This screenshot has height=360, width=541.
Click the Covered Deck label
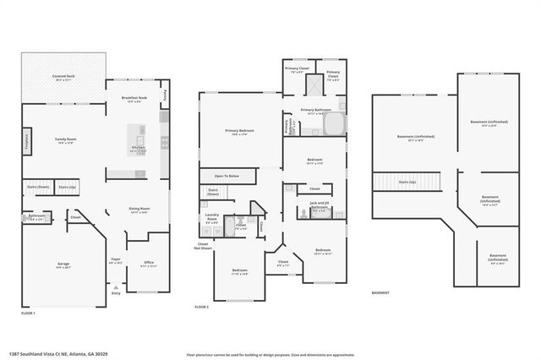click(63, 78)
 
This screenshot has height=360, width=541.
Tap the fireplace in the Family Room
click(26, 139)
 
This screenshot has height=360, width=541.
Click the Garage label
click(63, 265)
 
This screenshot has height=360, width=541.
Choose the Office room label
click(148, 263)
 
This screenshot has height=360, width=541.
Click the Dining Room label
click(139, 210)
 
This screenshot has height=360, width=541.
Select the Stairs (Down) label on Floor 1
click(39, 186)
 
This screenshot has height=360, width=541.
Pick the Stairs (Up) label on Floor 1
click(68, 186)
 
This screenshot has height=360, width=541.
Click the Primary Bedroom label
click(239, 132)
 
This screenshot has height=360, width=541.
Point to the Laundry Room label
click(213, 215)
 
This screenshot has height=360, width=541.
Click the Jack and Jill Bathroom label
click(319, 205)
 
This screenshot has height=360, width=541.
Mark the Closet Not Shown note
click(203, 246)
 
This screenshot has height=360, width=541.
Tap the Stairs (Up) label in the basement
click(407, 182)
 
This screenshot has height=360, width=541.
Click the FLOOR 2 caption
click(201, 307)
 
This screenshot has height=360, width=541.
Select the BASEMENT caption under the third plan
click(380, 293)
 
